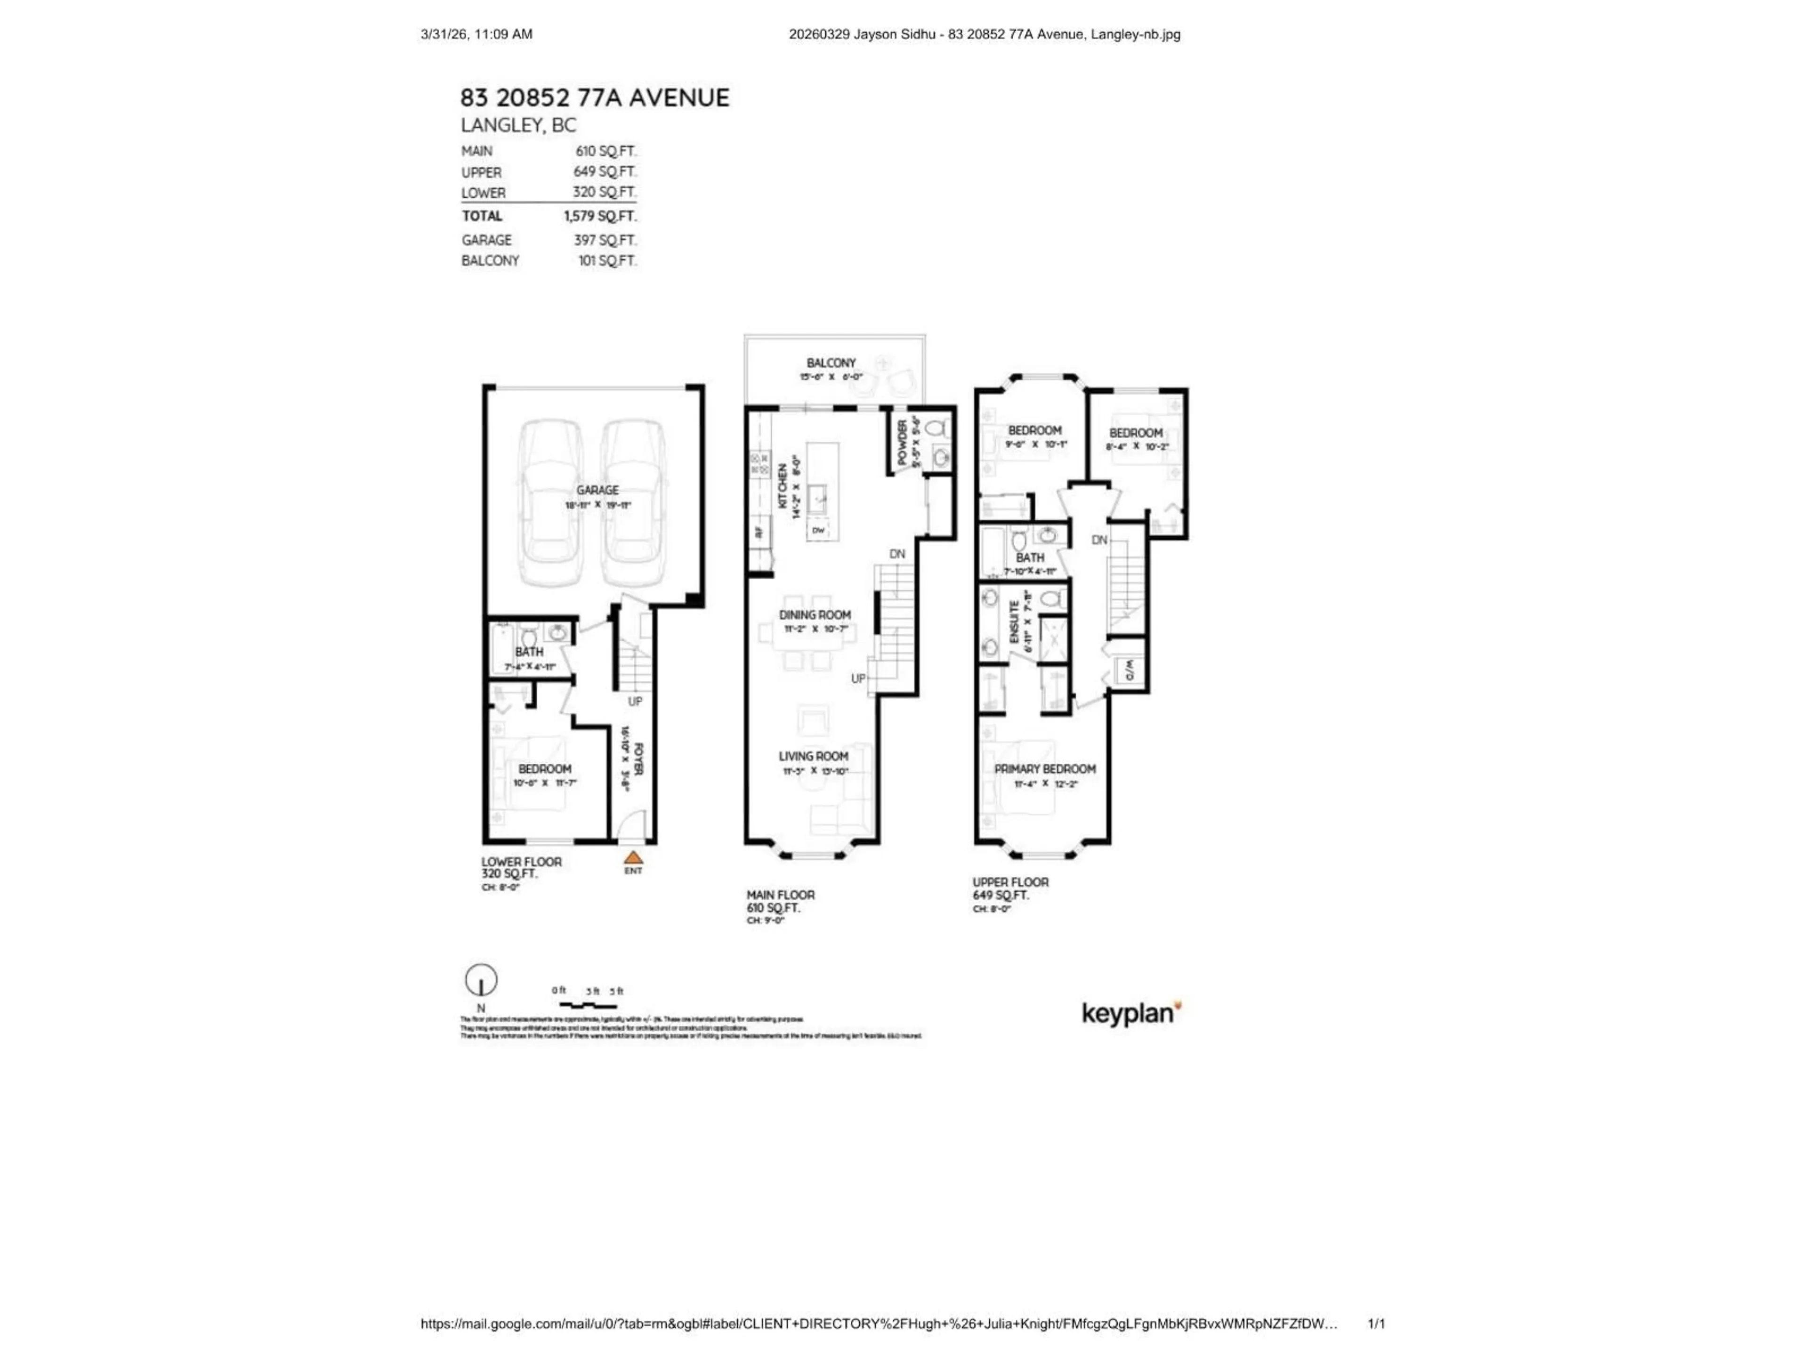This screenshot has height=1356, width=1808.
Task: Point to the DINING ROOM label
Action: click(814, 614)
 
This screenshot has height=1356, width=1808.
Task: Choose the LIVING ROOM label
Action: click(813, 756)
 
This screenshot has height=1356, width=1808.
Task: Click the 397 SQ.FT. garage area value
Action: click(605, 240)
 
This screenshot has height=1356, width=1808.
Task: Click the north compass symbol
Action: click(481, 980)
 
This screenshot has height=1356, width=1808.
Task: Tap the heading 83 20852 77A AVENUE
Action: click(594, 98)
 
